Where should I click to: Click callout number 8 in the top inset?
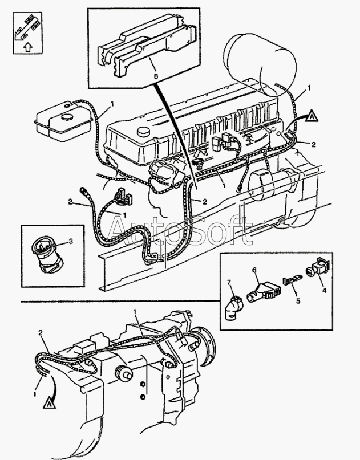pyautogui.click(x=156, y=76)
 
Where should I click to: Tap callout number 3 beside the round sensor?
pyautogui.click(x=71, y=241)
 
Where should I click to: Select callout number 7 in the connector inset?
pyautogui.click(x=229, y=282)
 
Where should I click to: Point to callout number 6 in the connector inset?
pyautogui.click(x=254, y=269)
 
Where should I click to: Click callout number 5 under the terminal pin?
pyautogui.click(x=298, y=301)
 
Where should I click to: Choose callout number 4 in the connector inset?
pyautogui.click(x=324, y=291)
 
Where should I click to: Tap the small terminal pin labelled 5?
pyautogui.click(x=292, y=280)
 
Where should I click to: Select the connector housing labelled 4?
pyautogui.click(x=318, y=268)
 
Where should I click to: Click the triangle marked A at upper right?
pyautogui.click(x=312, y=116)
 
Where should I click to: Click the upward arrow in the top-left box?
pyautogui.click(x=27, y=46)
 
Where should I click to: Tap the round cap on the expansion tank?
pyautogui.click(x=67, y=116)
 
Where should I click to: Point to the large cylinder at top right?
pyautogui.click(x=260, y=64)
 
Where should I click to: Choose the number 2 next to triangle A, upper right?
pyautogui.click(x=314, y=145)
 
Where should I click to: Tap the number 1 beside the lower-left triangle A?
pyautogui.click(x=35, y=394)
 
